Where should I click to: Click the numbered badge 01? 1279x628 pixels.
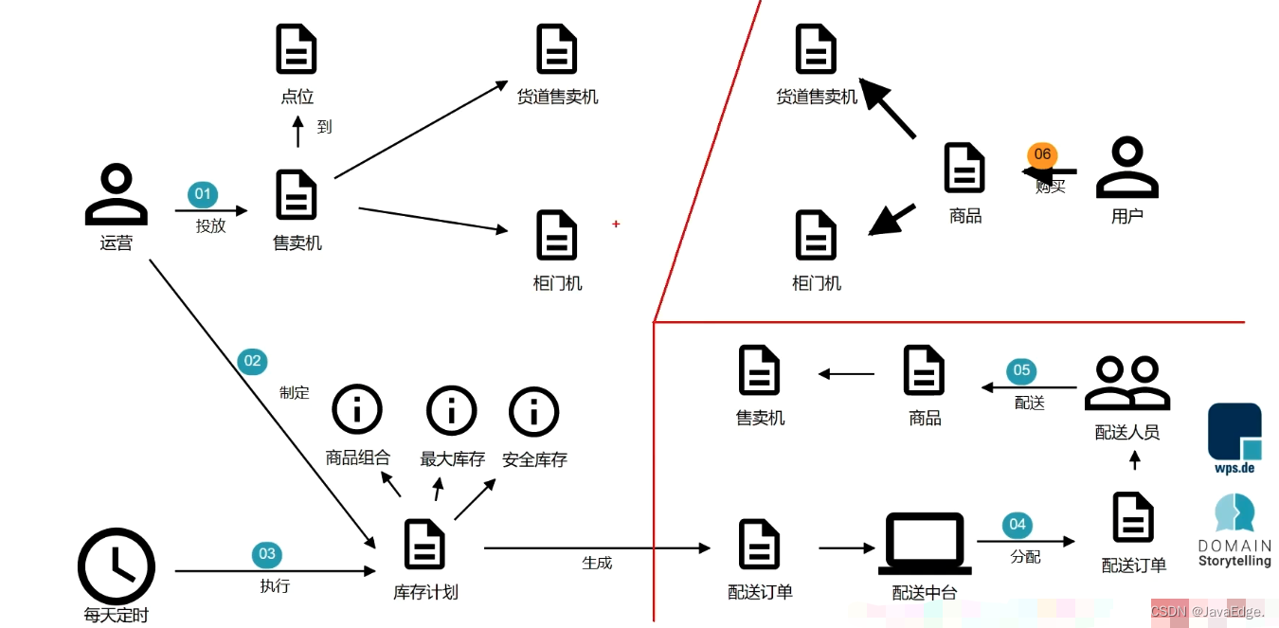tap(203, 195)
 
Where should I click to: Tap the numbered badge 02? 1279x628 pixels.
tap(252, 361)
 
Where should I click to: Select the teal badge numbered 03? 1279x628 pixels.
tap(266, 554)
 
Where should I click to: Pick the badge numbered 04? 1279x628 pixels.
tap(1017, 524)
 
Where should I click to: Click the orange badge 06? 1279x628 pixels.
tap(1042, 154)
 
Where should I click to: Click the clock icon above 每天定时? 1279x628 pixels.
tap(116, 566)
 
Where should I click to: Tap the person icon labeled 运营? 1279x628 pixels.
tap(116, 194)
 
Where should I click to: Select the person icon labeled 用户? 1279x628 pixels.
tap(1126, 168)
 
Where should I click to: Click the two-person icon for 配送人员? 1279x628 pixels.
tap(1126, 383)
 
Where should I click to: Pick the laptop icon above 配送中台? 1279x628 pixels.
tap(925, 544)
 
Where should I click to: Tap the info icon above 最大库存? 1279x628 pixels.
tap(452, 411)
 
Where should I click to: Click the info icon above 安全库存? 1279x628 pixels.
tap(534, 412)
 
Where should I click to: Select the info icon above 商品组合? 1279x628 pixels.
tap(357, 410)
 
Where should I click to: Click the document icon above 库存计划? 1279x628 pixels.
tap(424, 544)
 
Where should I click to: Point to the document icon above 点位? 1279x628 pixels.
tap(297, 49)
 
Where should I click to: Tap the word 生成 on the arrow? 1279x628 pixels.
tap(597, 563)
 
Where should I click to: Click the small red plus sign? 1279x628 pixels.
tap(616, 224)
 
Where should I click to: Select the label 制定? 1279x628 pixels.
tap(295, 392)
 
